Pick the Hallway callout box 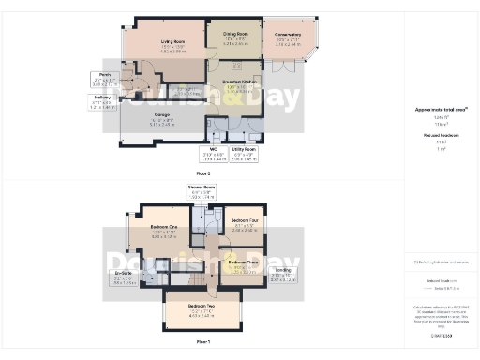tap(103, 103)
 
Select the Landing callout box tap(282, 276)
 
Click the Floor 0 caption tap(202, 173)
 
